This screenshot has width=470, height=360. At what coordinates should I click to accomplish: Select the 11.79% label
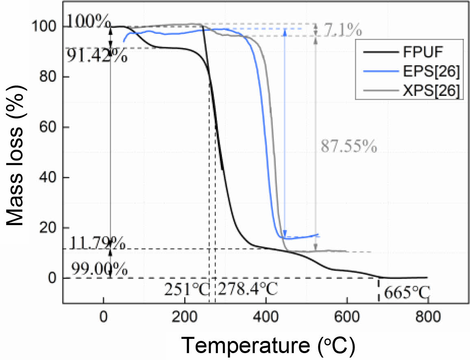tap(97, 244)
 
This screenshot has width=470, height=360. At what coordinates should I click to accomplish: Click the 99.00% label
tap(99, 269)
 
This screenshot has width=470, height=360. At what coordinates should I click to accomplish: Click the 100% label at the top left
tap(87, 20)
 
